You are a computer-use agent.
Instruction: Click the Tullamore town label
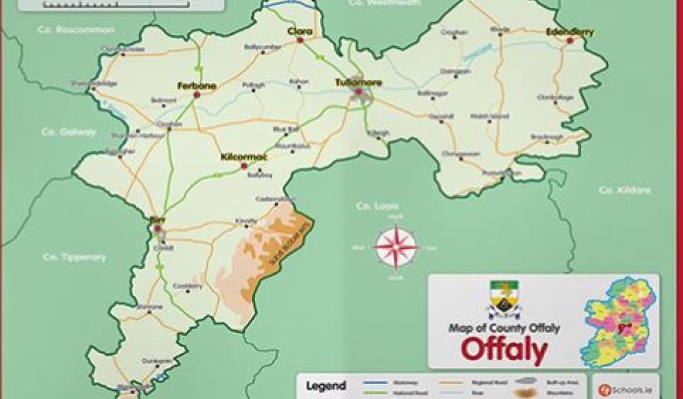point(358,83)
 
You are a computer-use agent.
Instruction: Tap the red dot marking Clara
point(300,40)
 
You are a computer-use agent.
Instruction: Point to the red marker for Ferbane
point(197,95)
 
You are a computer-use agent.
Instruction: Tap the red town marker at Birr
point(157,229)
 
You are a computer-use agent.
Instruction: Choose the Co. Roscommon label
point(76,29)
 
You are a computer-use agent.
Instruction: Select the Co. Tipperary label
point(75,257)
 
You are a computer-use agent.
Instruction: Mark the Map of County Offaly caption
point(504,328)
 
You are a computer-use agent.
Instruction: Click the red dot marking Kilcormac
point(244,166)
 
